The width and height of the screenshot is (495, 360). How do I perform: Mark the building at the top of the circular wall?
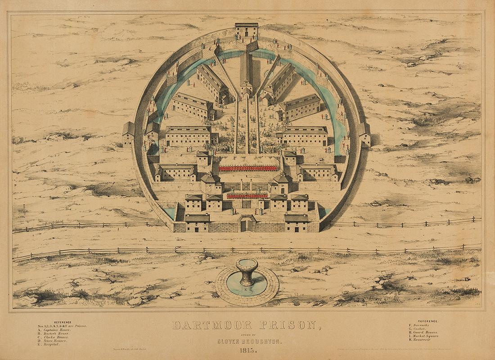pyautogui.click(x=247, y=31)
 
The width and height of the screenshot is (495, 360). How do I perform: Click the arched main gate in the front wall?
pyautogui.click(x=247, y=224)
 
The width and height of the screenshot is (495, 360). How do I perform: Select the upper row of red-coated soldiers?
pyautogui.click(x=248, y=168)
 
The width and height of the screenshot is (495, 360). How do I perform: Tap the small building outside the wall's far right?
pyautogui.click(x=364, y=134)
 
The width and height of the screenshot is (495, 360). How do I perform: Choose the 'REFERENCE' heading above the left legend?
pyautogui.click(x=63, y=322)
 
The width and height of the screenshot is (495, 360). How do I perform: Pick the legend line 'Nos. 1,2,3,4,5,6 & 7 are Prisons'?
pyautogui.click(x=63, y=325)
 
